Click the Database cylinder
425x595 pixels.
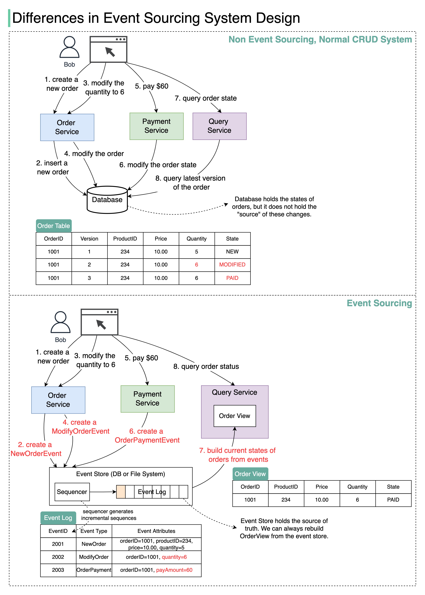(107, 200)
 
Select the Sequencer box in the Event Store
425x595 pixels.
(72, 492)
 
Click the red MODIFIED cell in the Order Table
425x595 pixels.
(232, 265)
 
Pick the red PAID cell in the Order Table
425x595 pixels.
(232, 278)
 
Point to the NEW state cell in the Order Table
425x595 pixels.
(232, 252)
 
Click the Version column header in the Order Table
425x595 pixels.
(89, 239)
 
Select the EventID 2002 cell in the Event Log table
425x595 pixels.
(58, 557)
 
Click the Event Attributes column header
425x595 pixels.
(157, 531)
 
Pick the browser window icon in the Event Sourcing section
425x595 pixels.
(100, 322)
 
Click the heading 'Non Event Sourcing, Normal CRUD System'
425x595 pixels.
(320, 39)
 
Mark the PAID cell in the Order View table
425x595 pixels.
(393, 500)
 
